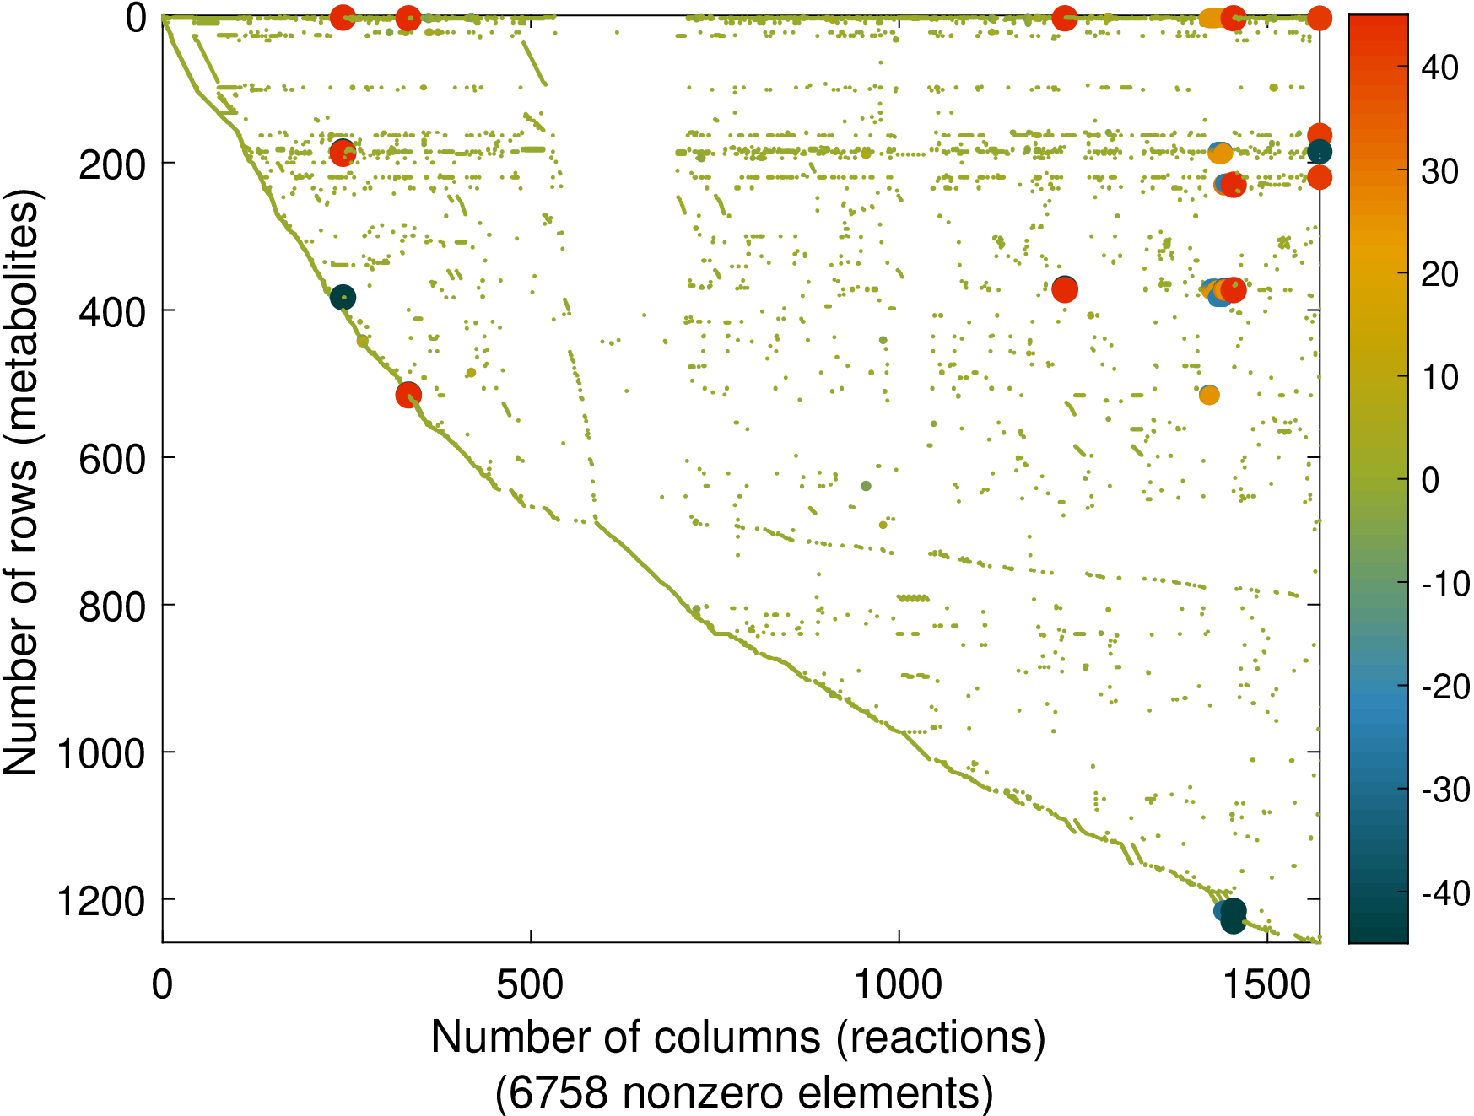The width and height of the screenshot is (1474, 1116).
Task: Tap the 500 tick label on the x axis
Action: [x=530, y=984]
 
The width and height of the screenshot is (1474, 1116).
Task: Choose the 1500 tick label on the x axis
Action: [x=1267, y=984]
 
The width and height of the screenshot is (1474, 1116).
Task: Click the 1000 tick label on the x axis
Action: [x=899, y=984]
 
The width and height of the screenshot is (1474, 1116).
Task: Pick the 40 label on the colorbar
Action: [x=1439, y=67]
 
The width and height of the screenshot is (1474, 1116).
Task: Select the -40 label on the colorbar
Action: [x=1444, y=892]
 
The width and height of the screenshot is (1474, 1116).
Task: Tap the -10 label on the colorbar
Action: [x=1444, y=583]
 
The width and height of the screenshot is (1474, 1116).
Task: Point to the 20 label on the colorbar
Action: [x=1439, y=274]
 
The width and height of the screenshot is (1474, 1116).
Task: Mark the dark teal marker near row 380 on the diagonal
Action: [x=343, y=297]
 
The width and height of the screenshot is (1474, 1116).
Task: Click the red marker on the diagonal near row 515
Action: [x=408, y=394]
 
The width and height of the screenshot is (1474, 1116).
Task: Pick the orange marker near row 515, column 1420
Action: [x=1209, y=395]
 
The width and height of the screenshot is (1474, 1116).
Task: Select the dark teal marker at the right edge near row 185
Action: [x=1320, y=152]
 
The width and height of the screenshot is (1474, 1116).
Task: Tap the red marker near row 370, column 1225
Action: [x=1065, y=289]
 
